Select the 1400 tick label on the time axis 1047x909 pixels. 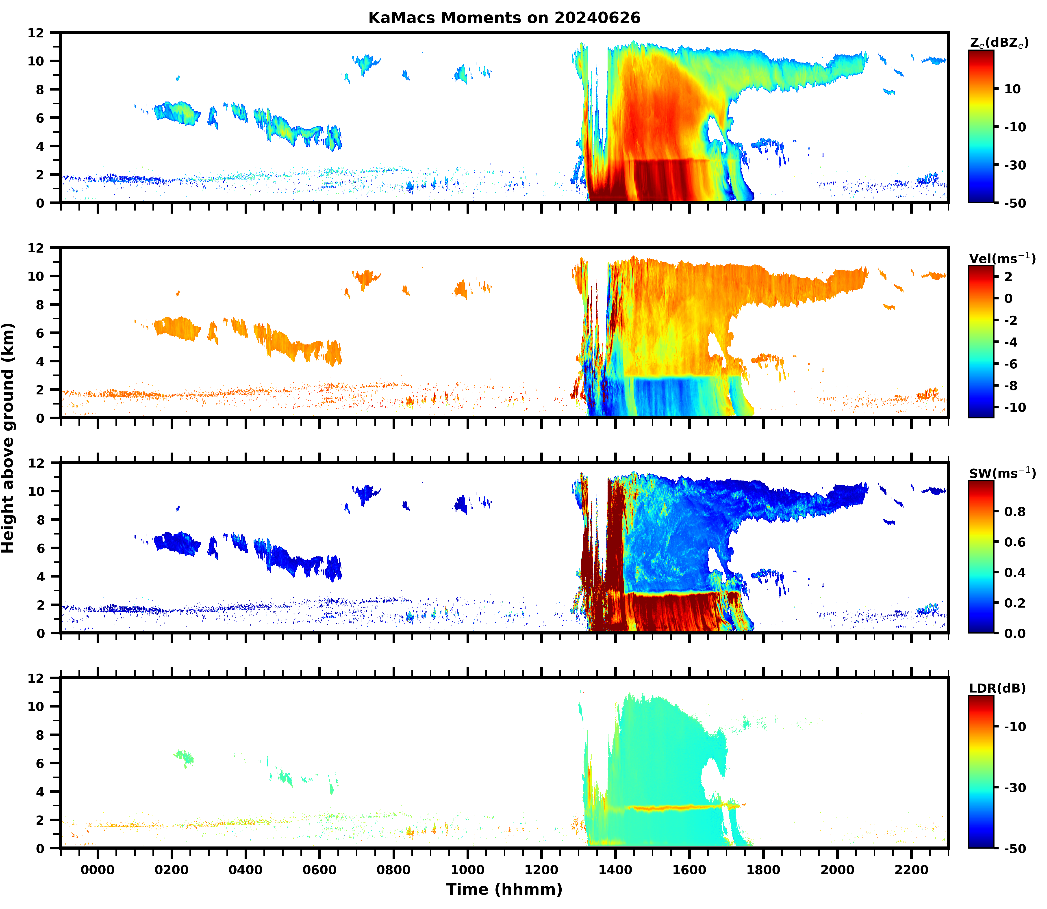[x=615, y=869]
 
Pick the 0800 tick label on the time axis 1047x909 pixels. [x=393, y=869]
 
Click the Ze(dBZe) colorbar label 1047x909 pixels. [x=999, y=43]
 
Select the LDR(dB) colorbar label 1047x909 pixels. [x=997, y=688]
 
